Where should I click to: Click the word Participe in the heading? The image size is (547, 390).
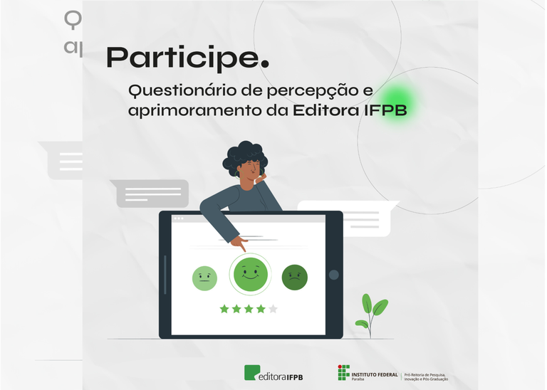(x=182, y=58)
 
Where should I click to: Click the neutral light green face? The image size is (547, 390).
(x=204, y=278)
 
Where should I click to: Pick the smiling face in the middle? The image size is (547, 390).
(x=249, y=274)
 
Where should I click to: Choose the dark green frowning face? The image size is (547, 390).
(x=294, y=277)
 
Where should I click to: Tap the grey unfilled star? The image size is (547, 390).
(x=273, y=309)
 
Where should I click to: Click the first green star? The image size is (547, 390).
(x=224, y=309)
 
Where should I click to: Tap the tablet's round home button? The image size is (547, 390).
(x=333, y=275)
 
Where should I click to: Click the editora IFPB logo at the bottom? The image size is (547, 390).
(x=273, y=373)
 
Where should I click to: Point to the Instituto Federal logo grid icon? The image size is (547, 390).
(x=343, y=372)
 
